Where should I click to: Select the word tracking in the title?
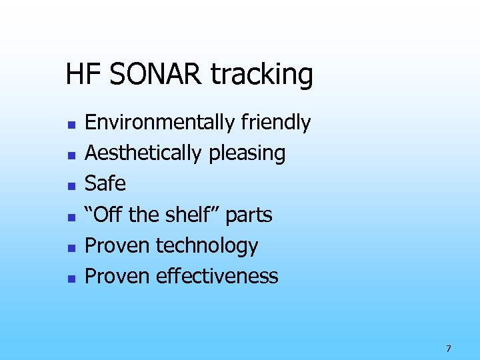coord(262,75)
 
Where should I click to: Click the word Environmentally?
coord(160,123)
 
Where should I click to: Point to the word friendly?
coord(275,123)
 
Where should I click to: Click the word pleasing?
coord(247,153)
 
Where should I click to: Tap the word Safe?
coord(105,183)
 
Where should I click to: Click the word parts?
coord(249,215)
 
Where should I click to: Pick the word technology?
coord(207,246)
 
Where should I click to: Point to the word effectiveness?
coord(217,276)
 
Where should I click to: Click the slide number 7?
coord(449,349)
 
